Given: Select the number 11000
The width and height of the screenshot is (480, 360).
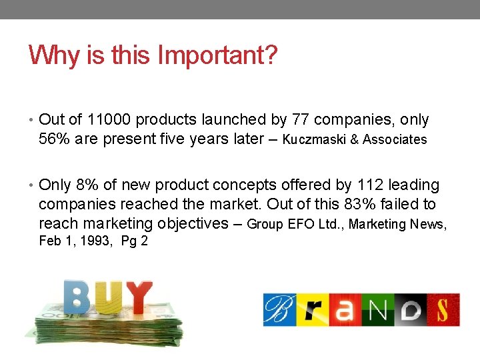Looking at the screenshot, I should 109,120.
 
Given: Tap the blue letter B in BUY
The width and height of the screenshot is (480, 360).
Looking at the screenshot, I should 77,297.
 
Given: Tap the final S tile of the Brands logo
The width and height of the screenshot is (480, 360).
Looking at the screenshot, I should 444,310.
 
